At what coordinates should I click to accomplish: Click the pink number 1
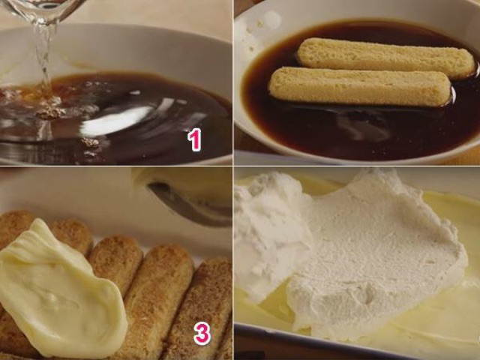(195, 139)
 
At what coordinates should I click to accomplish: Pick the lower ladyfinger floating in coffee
(360, 87)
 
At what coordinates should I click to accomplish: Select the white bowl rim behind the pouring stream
(122, 49)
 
